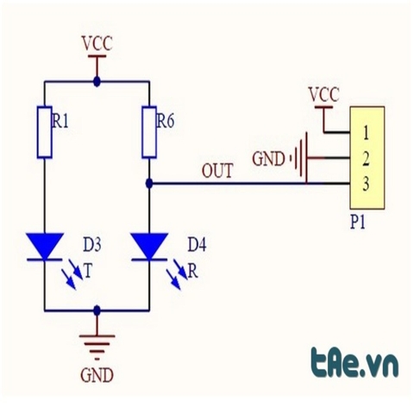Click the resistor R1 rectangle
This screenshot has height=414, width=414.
pos(45,132)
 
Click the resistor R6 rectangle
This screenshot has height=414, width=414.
pos(149,132)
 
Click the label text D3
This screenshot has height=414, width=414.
pos(92,246)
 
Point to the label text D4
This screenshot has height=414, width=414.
pos(197,246)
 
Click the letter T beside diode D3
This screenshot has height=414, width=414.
pos(88,271)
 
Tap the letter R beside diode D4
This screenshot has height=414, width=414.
pos(193,271)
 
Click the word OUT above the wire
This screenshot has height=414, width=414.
pos(217,171)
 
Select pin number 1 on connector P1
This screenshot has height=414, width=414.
pos(366,134)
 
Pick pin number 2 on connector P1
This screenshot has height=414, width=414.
pos(366,160)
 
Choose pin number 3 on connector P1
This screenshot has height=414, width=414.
pos(366,184)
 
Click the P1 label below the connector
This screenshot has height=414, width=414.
pos(358,223)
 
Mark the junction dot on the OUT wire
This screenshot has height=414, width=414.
pos(149,183)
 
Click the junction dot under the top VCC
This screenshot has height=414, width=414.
pos(97,82)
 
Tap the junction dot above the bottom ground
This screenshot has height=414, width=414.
pos(97,310)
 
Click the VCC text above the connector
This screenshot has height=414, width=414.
pos(323,95)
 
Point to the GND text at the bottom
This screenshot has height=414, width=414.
pos(97,375)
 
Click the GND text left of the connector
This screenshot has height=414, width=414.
pos(268,159)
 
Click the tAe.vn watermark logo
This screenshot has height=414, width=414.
pos(355,363)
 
